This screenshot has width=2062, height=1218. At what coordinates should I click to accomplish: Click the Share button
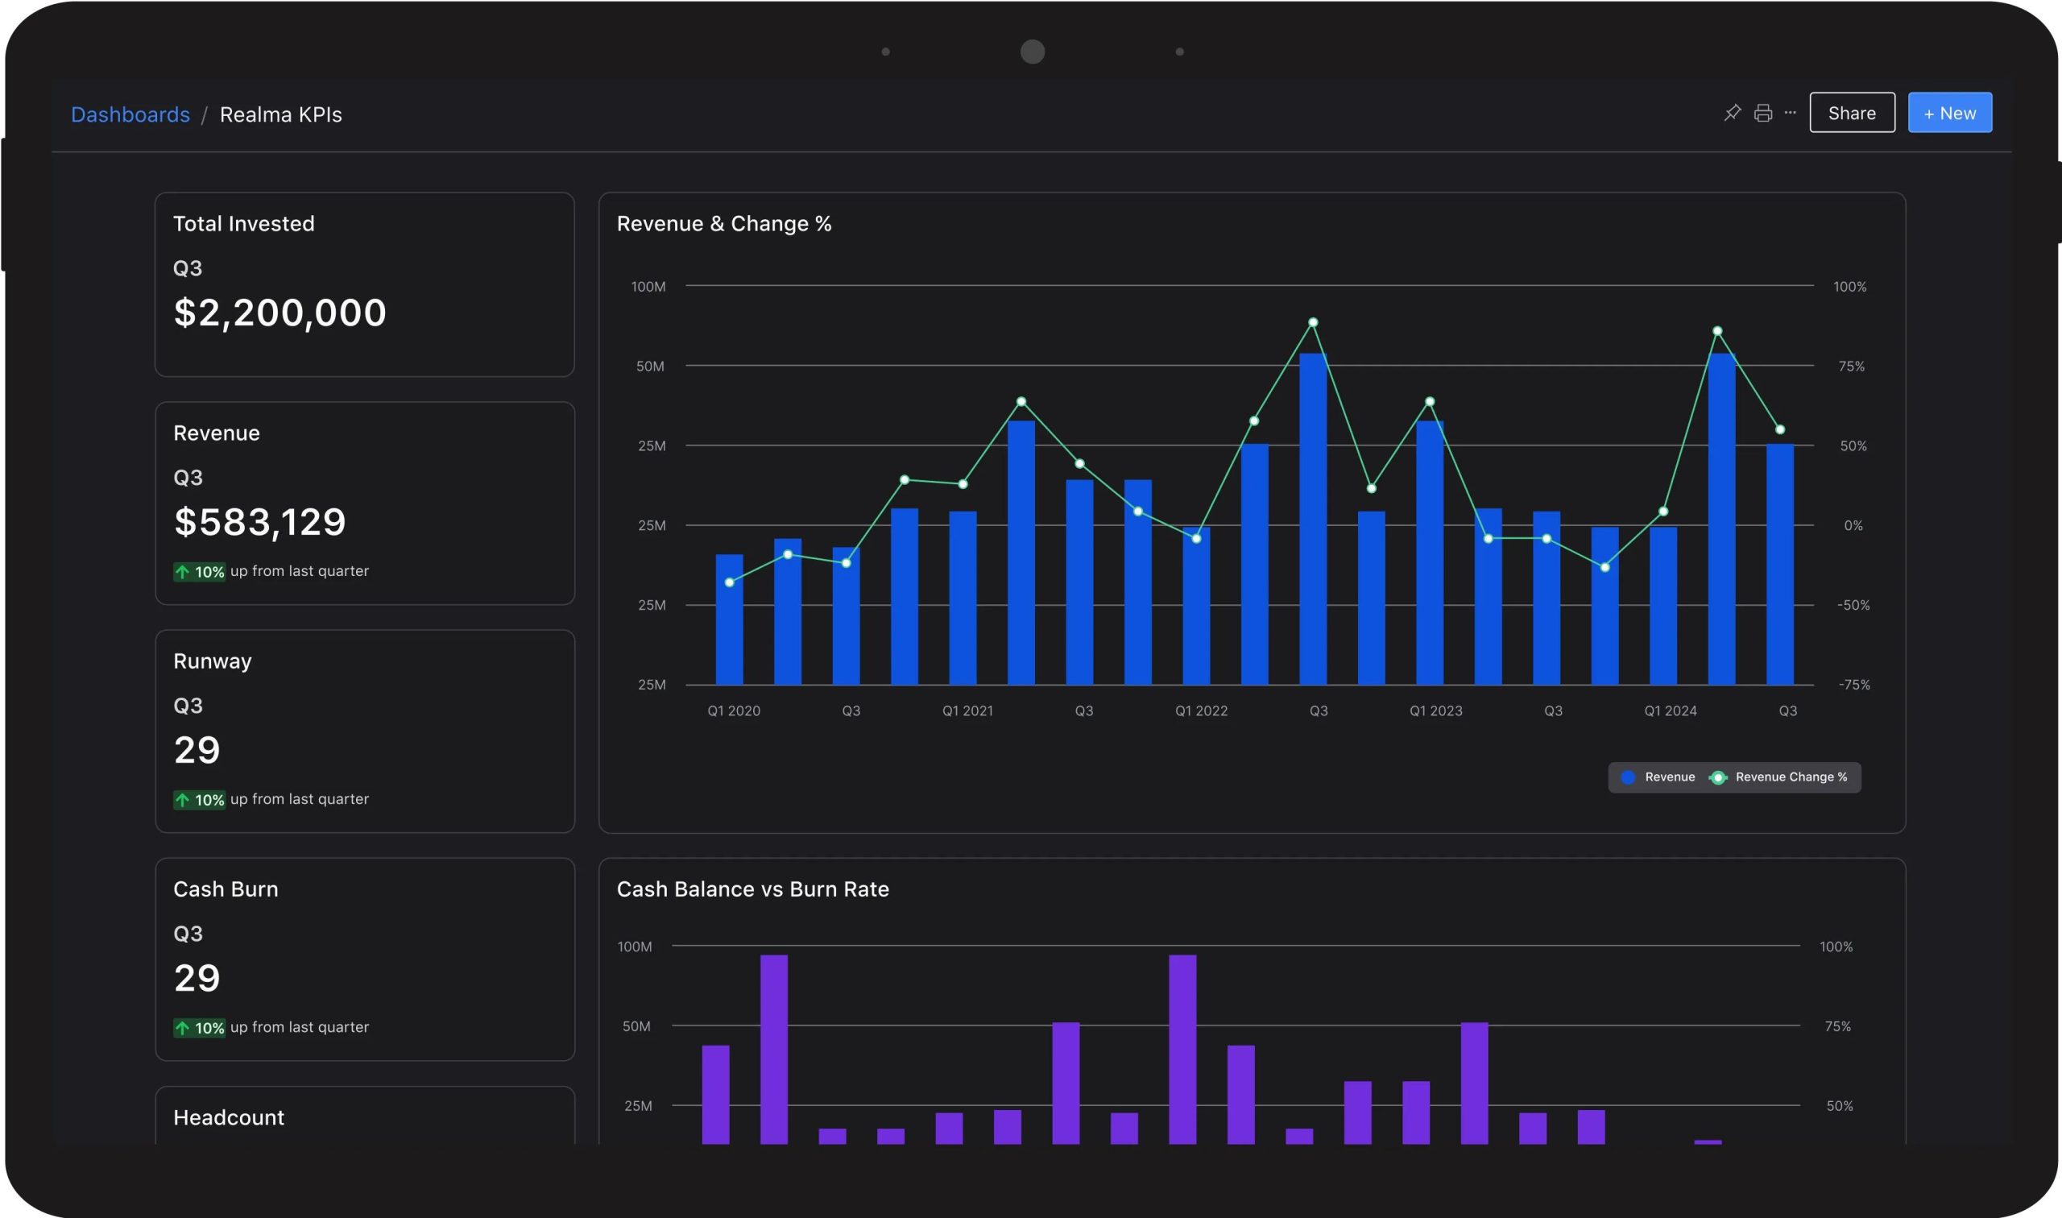click(1852, 113)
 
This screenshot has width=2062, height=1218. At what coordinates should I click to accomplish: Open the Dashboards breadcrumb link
click(130, 114)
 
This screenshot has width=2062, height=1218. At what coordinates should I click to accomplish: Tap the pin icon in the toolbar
click(1732, 113)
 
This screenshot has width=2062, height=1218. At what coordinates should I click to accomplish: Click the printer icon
click(1762, 113)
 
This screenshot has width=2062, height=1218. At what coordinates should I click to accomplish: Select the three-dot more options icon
click(1791, 113)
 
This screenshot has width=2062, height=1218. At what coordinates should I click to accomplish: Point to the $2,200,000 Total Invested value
click(279, 313)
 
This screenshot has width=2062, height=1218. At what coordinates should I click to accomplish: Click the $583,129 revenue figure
click(260, 522)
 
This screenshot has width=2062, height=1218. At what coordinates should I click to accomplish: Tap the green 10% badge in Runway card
click(200, 799)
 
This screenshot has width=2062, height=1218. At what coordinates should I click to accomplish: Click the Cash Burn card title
click(226, 889)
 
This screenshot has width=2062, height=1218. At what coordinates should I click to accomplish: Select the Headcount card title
click(229, 1117)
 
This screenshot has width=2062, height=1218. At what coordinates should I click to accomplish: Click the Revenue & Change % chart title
click(723, 224)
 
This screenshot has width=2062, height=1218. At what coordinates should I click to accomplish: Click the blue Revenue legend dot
click(1628, 777)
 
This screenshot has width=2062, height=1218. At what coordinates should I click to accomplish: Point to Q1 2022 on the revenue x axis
click(1201, 710)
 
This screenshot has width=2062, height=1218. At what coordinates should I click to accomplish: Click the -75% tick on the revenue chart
click(1854, 685)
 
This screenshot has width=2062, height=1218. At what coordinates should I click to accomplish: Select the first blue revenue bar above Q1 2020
click(730, 619)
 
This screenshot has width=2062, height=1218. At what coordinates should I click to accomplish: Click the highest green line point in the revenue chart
click(1313, 322)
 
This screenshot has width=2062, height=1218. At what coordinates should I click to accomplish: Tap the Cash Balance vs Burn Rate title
click(752, 889)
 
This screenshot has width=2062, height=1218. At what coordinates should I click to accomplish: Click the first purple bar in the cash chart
click(715, 1094)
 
